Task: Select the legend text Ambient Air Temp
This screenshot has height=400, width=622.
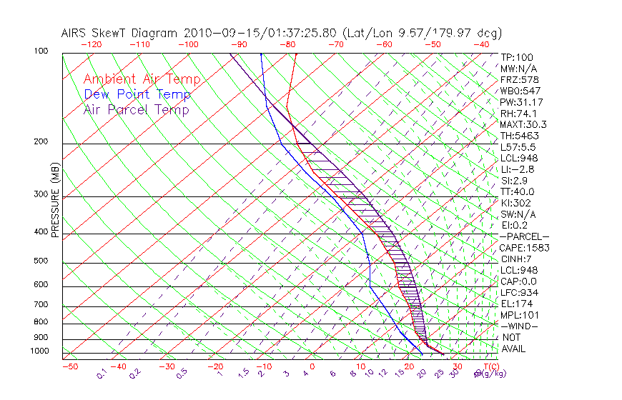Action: point(142,79)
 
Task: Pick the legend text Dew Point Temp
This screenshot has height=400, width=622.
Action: point(137,94)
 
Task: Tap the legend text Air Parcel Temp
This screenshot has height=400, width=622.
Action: point(137,109)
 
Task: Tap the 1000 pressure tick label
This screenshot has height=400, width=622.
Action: point(40,351)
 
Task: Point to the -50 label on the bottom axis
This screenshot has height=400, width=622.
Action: point(69,366)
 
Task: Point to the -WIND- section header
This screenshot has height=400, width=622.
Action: point(520,326)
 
